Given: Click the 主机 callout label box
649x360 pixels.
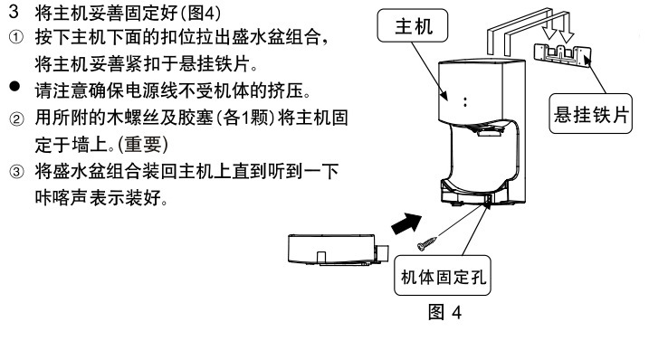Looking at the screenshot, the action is [x=412, y=25].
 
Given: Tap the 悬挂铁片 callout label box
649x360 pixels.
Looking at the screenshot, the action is [x=591, y=114].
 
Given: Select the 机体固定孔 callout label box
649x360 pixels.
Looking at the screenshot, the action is [x=443, y=276].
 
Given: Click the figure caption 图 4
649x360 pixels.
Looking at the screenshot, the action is [x=444, y=312].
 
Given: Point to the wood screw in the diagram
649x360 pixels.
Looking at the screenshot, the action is [x=427, y=243].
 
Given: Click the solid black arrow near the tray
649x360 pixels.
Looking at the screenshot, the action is [x=406, y=223].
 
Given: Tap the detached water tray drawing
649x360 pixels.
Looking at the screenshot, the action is [x=339, y=249].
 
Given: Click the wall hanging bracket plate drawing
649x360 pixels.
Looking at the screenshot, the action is [x=562, y=55].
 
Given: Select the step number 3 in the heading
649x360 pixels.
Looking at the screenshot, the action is [x=14, y=12].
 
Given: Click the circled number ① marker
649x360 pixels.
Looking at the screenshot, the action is [x=15, y=38].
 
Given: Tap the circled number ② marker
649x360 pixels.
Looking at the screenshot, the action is [x=16, y=119].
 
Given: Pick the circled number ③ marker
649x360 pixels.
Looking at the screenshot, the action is [x=16, y=171].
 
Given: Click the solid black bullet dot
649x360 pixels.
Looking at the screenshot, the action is [x=14, y=87].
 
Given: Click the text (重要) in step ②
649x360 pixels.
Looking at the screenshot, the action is [x=143, y=145].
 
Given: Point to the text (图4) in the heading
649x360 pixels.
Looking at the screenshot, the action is [x=200, y=14].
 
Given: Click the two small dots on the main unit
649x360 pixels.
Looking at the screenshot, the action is [x=465, y=102].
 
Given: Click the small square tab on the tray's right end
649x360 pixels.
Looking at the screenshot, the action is [x=382, y=253].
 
